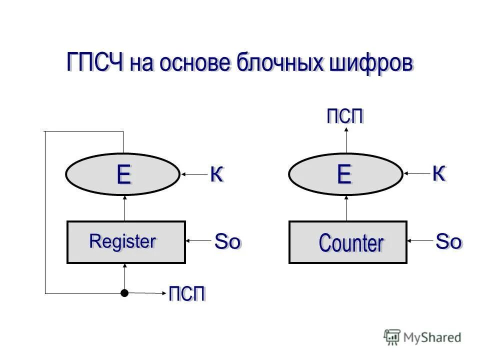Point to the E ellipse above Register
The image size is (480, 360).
point(122,174)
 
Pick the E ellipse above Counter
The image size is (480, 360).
point(345,174)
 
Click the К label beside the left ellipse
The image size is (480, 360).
point(216,174)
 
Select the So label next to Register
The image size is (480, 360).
point(227,241)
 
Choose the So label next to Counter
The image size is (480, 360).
point(448,241)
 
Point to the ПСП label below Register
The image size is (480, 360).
point(187,293)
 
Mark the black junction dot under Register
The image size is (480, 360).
point(124,293)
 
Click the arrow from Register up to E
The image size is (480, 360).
point(124,207)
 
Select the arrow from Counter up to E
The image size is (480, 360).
point(346,207)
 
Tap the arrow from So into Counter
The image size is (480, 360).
point(420,241)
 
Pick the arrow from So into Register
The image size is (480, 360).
point(198,241)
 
